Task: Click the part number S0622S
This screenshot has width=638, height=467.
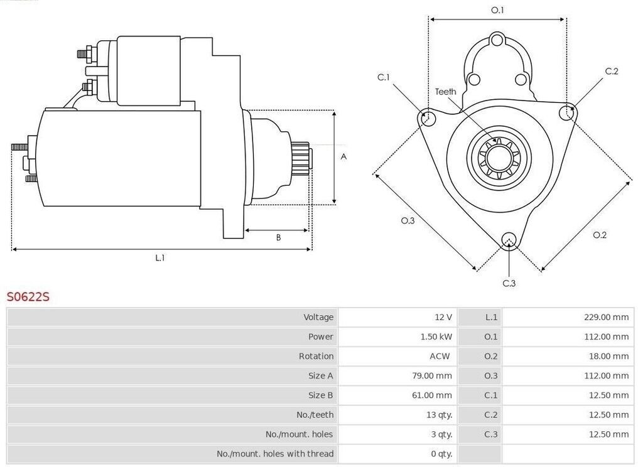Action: pos(28,296)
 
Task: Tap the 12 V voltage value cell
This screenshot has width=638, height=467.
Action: pos(443,317)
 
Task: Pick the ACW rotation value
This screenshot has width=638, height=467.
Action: pos(440,356)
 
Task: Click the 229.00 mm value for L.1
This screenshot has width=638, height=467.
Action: pos(606,317)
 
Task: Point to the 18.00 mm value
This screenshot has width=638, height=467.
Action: pos(608,356)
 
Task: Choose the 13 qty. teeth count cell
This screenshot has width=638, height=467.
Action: pos(440,414)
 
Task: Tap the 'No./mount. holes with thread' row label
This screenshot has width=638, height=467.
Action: pos(275,454)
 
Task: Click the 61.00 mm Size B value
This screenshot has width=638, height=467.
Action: pos(431,395)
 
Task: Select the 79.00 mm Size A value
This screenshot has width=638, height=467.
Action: pos(431,375)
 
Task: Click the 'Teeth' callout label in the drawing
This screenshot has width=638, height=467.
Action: pos(446,92)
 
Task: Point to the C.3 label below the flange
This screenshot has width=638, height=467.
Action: pos(509,283)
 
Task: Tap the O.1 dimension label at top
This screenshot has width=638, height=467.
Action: pos(497,10)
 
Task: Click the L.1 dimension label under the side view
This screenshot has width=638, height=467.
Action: pos(160,257)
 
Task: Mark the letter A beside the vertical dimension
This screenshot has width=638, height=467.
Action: pos(343,156)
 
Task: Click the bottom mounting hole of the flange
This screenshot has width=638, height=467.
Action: pos(509,240)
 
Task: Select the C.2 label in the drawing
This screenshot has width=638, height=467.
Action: pos(612,71)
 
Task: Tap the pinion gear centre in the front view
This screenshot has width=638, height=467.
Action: pos(498,157)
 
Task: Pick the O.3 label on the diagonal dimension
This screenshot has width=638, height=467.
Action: pos(408,220)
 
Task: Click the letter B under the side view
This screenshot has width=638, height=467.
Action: pos(278,237)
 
